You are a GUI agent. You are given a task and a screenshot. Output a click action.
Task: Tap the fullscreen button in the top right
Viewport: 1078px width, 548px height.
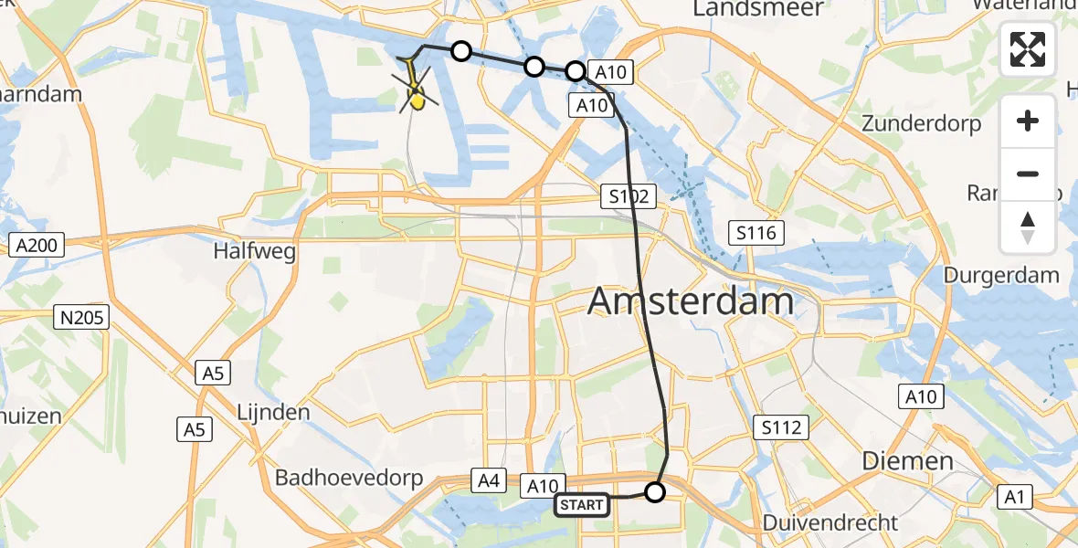pos(1028,50)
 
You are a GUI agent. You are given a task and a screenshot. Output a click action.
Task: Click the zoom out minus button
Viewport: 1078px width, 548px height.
pos(1028,174)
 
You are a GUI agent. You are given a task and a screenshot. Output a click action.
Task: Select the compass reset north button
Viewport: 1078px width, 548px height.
pos(1028,227)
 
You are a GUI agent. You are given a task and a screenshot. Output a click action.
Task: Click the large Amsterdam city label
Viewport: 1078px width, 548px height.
pos(691,300)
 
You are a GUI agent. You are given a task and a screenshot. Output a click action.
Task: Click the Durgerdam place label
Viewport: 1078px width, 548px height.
pos(1000,275)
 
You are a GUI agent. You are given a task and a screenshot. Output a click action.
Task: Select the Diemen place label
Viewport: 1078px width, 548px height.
pos(908,461)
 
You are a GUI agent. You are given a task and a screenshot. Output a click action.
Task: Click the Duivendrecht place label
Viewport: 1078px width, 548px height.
pos(830,523)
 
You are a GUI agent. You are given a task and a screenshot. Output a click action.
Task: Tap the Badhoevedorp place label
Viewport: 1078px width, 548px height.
pos(340,478)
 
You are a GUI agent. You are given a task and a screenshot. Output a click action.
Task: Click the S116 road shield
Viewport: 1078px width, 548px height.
pos(756,234)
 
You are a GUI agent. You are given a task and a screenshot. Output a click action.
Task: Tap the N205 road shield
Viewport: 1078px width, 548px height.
pos(80,318)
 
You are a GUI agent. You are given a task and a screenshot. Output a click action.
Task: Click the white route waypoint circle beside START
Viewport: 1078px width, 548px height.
pos(655,493)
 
